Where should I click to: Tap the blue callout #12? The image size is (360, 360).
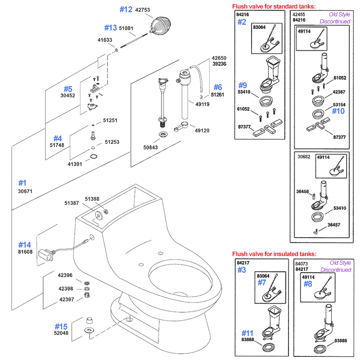(x=126, y=9)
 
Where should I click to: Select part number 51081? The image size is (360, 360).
(x=126, y=28)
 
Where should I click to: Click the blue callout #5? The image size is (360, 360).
(x=67, y=89)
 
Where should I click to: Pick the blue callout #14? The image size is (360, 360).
(x=25, y=245)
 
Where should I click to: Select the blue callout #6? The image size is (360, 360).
(x=217, y=87)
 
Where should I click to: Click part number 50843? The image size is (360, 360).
(x=151, y=148)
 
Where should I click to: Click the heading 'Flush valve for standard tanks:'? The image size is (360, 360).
(x=274, y=6)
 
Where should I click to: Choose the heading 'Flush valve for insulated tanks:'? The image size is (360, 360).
(x=274, y=254)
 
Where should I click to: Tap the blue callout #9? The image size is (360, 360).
(x=243, y=85)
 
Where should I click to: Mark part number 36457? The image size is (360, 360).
(x=334, y=225)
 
